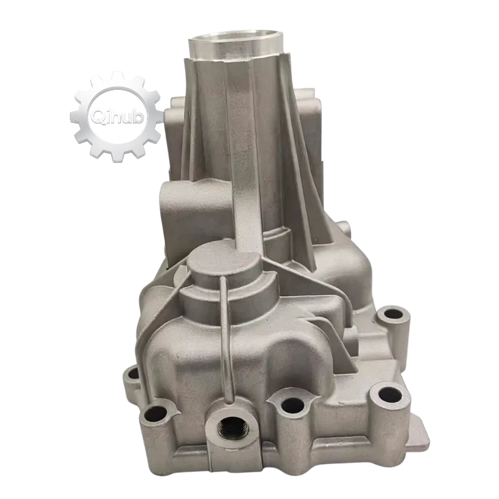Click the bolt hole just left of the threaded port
[156, 415]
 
